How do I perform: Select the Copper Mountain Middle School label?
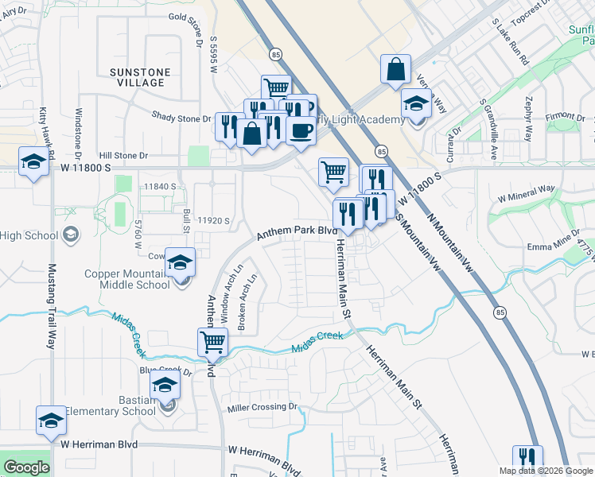[127, 279]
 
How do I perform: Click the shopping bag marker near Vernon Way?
[395, 70]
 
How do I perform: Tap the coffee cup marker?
[301, 130]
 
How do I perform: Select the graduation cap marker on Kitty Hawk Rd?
[33, 164]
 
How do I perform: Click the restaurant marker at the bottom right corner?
[527, 459]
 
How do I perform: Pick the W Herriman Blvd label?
[99, 444]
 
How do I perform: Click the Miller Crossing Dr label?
[262, 407]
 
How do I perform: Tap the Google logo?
[26, 467]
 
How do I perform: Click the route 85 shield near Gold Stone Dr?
[275, 55]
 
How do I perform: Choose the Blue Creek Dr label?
[165, 370]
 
